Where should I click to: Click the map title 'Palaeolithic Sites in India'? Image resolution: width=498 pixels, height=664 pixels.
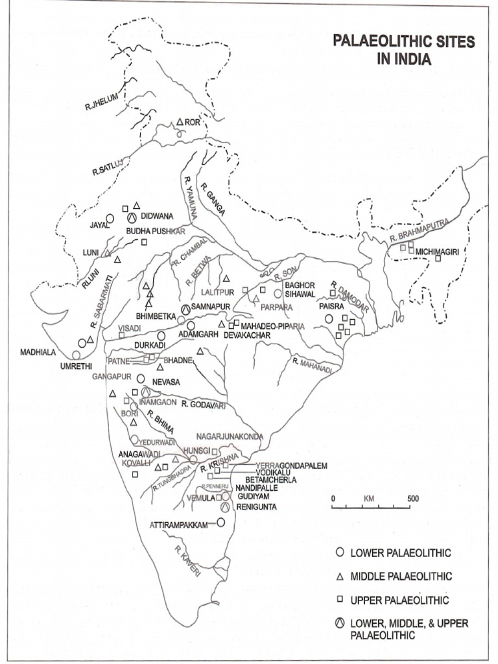[403, 51]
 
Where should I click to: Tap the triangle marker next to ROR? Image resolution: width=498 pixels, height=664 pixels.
[180, 122]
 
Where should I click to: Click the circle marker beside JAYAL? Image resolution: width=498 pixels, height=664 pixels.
[110, 219]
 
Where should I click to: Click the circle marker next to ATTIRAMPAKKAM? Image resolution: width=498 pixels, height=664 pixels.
[220, 522]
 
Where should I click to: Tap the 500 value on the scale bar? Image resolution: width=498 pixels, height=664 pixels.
[412, 499]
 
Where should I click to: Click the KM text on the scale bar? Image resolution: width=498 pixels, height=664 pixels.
[370, 499]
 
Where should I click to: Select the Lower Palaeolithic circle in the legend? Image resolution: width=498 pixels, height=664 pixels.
[338, 552]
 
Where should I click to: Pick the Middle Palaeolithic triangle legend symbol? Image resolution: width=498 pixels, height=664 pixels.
[338, 576]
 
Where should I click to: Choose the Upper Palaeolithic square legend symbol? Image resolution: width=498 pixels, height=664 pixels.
[338, 600]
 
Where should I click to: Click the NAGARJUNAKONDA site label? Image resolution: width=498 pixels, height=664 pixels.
[230, 436]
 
